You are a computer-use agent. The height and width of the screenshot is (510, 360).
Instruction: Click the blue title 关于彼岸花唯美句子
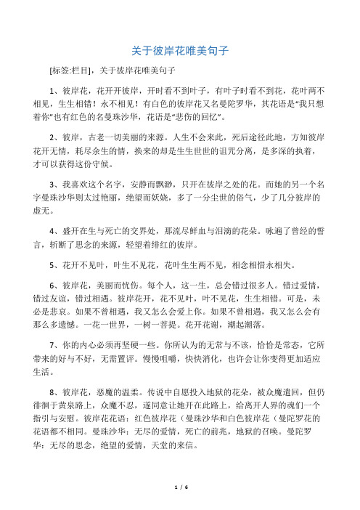point(180,51)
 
